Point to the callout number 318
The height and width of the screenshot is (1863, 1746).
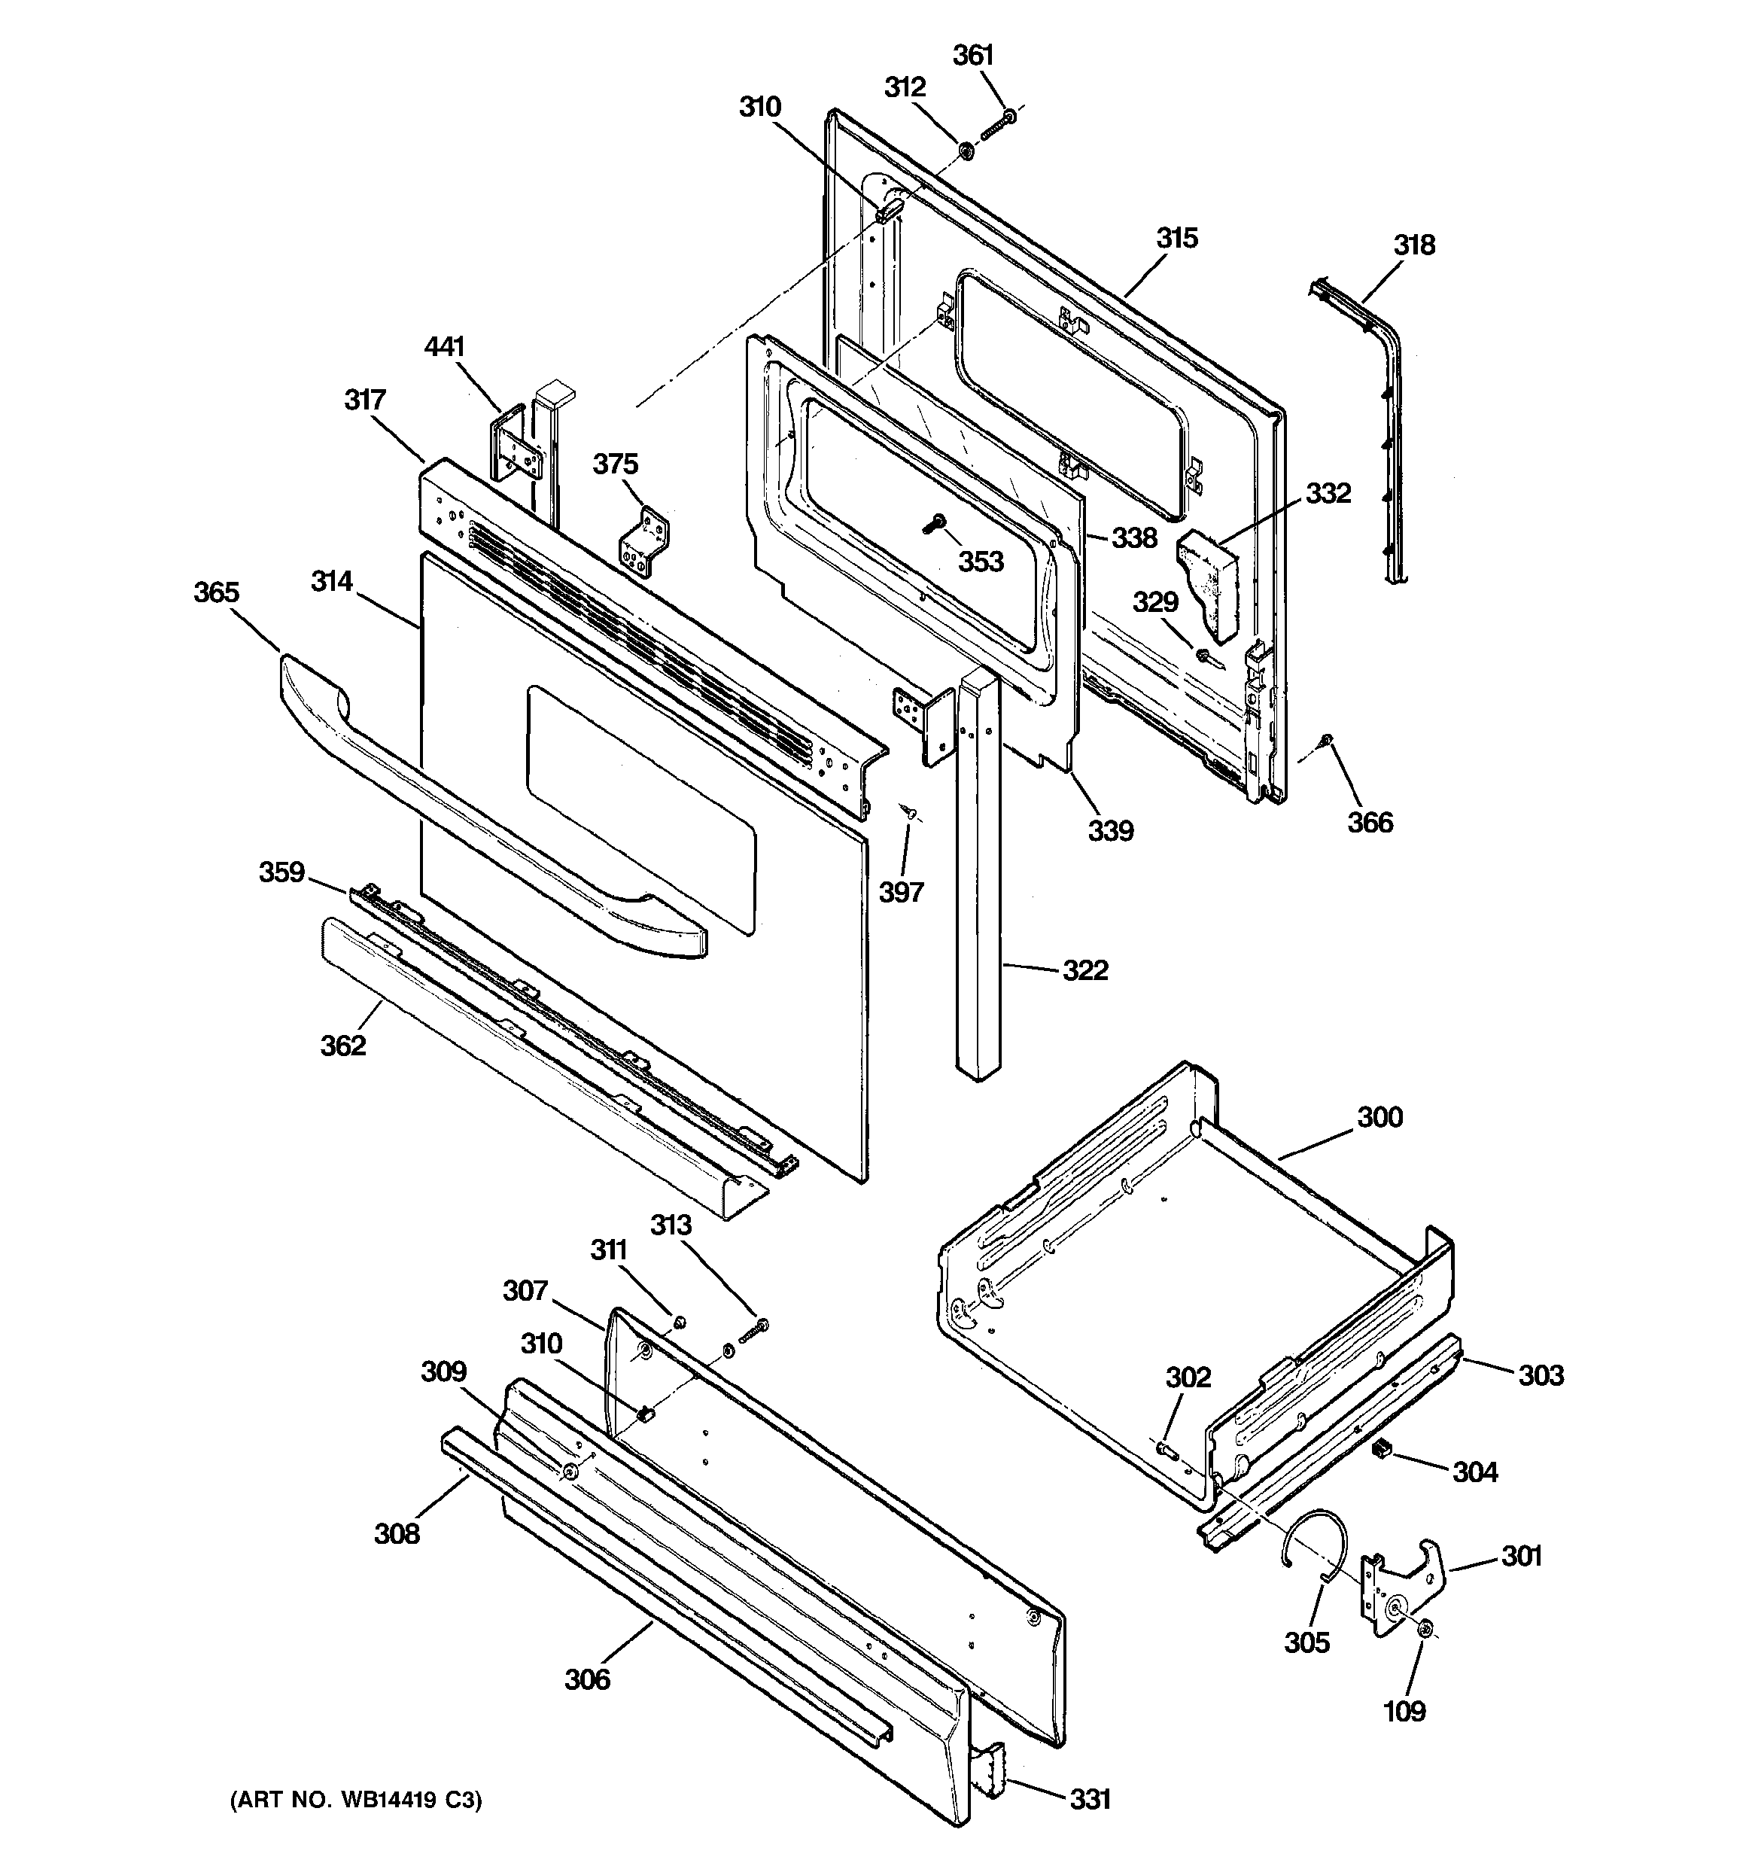1413,245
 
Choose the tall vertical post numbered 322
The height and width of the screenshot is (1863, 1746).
978,872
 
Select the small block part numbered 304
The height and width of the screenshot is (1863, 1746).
1379,1450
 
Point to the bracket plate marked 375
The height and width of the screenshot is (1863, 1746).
646,542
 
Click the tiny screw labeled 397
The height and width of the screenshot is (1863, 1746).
909,812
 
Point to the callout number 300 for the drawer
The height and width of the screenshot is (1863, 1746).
1379,1117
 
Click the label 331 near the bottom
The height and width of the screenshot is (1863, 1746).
1090,1798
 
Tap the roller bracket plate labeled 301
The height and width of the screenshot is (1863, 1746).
1402,1584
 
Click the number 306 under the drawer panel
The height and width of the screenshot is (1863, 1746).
587,1679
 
